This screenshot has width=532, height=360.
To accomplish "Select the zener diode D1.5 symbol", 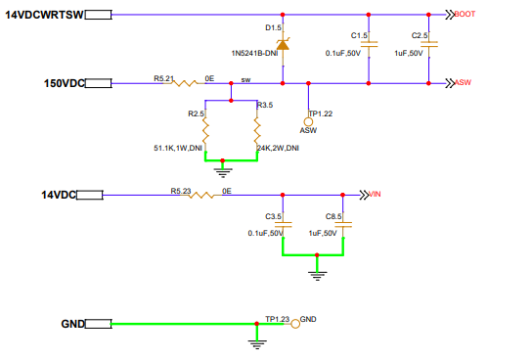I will click(284, 45).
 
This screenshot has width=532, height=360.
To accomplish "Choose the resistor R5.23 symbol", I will click(202, 194).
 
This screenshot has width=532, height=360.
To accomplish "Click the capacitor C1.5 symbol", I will click(369, 46).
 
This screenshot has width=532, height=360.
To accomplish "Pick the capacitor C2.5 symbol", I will click(429, 46).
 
